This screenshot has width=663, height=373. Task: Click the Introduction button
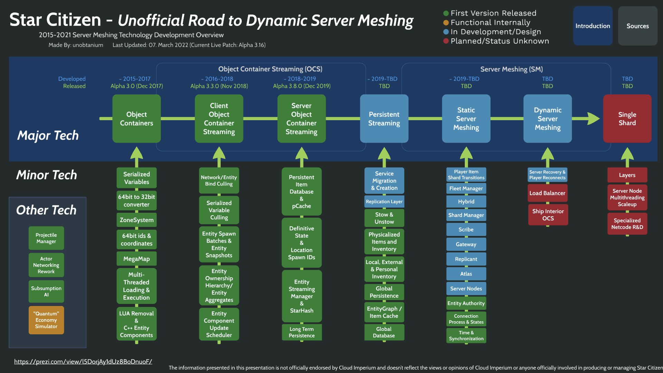593,26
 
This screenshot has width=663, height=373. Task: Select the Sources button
637,26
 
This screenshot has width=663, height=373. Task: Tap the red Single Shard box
627,118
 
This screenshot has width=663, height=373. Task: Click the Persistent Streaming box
384,118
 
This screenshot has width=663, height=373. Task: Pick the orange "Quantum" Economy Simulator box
46,320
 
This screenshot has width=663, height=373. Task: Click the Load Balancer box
547,193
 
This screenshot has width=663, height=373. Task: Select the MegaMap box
136,259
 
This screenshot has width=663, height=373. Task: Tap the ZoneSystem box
136,220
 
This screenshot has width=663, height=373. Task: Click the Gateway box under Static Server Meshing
466,244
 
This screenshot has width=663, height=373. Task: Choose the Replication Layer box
384,202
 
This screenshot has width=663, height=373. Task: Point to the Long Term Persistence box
301,332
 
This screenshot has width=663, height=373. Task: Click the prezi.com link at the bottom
83,362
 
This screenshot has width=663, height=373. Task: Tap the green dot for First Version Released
446,13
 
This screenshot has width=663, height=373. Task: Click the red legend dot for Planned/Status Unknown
446,41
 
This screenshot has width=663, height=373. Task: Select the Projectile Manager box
46,238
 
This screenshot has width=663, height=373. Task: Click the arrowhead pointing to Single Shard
593,118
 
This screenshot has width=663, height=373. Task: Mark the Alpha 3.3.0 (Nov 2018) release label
219,86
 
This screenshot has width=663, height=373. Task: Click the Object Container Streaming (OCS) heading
270,69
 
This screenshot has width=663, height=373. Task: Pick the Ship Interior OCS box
548,215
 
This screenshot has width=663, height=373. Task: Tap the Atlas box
466,274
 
